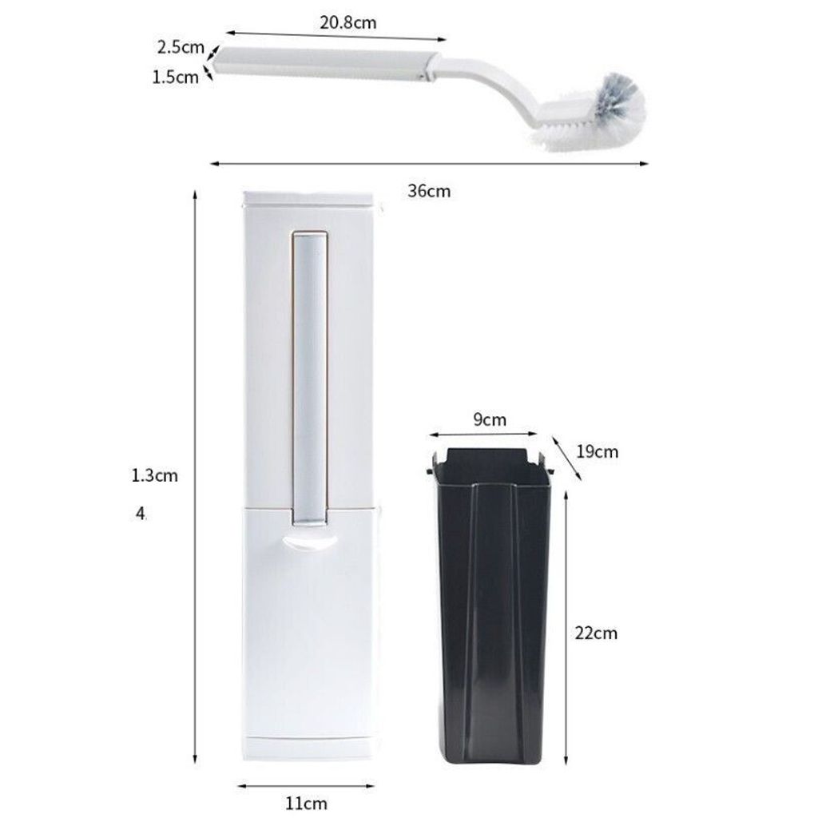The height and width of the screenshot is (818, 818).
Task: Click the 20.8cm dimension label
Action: (x=348, y=22)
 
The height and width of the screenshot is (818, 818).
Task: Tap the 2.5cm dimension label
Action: (x=181, y=47)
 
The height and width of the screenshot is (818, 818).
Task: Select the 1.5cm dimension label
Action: (x=175, y=77)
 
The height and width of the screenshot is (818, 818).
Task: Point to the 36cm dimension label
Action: (x=429, y=191)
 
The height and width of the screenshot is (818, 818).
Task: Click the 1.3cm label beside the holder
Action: (x=154, y=475)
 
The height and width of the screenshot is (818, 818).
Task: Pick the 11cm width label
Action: (x=306, y=803)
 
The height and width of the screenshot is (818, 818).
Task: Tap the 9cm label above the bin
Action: (x=490, y=419)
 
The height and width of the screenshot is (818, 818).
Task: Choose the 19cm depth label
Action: (x=598, y=451)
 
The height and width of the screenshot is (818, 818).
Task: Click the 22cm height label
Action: (x=596, y=633)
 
